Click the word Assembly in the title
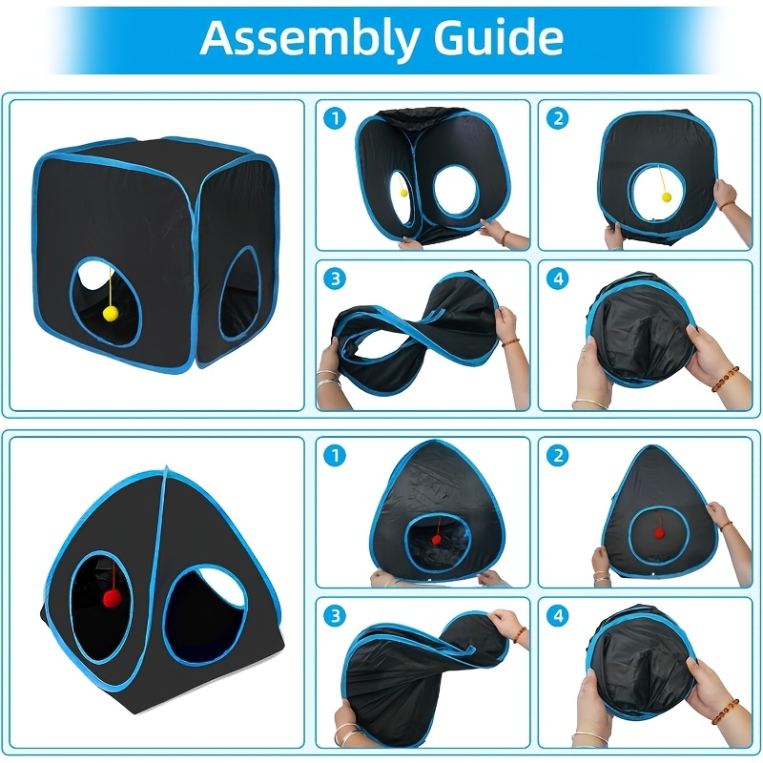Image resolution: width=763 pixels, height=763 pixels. pyautogui.click(x=309, y=38)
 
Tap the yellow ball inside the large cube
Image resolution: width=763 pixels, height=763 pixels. pyautogui.click(x=111, y=314)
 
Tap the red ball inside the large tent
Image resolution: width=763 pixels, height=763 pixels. pyautogui.click(x=111, y=599)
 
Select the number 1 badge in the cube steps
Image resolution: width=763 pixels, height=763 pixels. pyautogui.click(x=335, y=118)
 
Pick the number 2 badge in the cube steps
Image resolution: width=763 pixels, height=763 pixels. pyautogui.click(x=558, y=118)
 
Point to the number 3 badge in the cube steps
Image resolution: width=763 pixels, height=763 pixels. pyautogui.click(x=335, y=278)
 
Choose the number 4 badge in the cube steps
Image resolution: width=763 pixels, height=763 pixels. pyautogui.click(x=558, y=278)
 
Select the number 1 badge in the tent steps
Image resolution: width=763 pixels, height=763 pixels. pyautogui.click(x=335, y=456)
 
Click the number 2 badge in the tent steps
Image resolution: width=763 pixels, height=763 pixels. pyautogui.click(x=558, y=456)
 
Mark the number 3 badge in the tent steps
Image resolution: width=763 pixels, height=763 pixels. pyautogui.click(x=335, y=616)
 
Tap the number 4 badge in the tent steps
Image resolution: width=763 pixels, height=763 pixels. pyautogui.click(x=558, y=616)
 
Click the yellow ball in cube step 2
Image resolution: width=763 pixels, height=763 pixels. pyautogui.click(x=666, y=197)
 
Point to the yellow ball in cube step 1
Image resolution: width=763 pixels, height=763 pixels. pyautogui.click(x=403, y=194)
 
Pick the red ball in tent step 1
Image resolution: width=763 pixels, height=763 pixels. pyautogui.click(x=437, y=539)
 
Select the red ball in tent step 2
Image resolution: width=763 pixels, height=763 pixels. pyautogui.click(x=659, y=534)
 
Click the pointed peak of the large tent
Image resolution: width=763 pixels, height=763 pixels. pyautogui.click(x=166, y=468)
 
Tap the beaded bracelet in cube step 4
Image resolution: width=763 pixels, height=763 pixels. pyautogui.click(x=725, y=380)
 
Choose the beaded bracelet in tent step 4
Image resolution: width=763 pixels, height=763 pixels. pyautogui.click(x=725, y=711)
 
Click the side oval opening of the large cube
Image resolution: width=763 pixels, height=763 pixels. pyautogui.click(x=239, y=294)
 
